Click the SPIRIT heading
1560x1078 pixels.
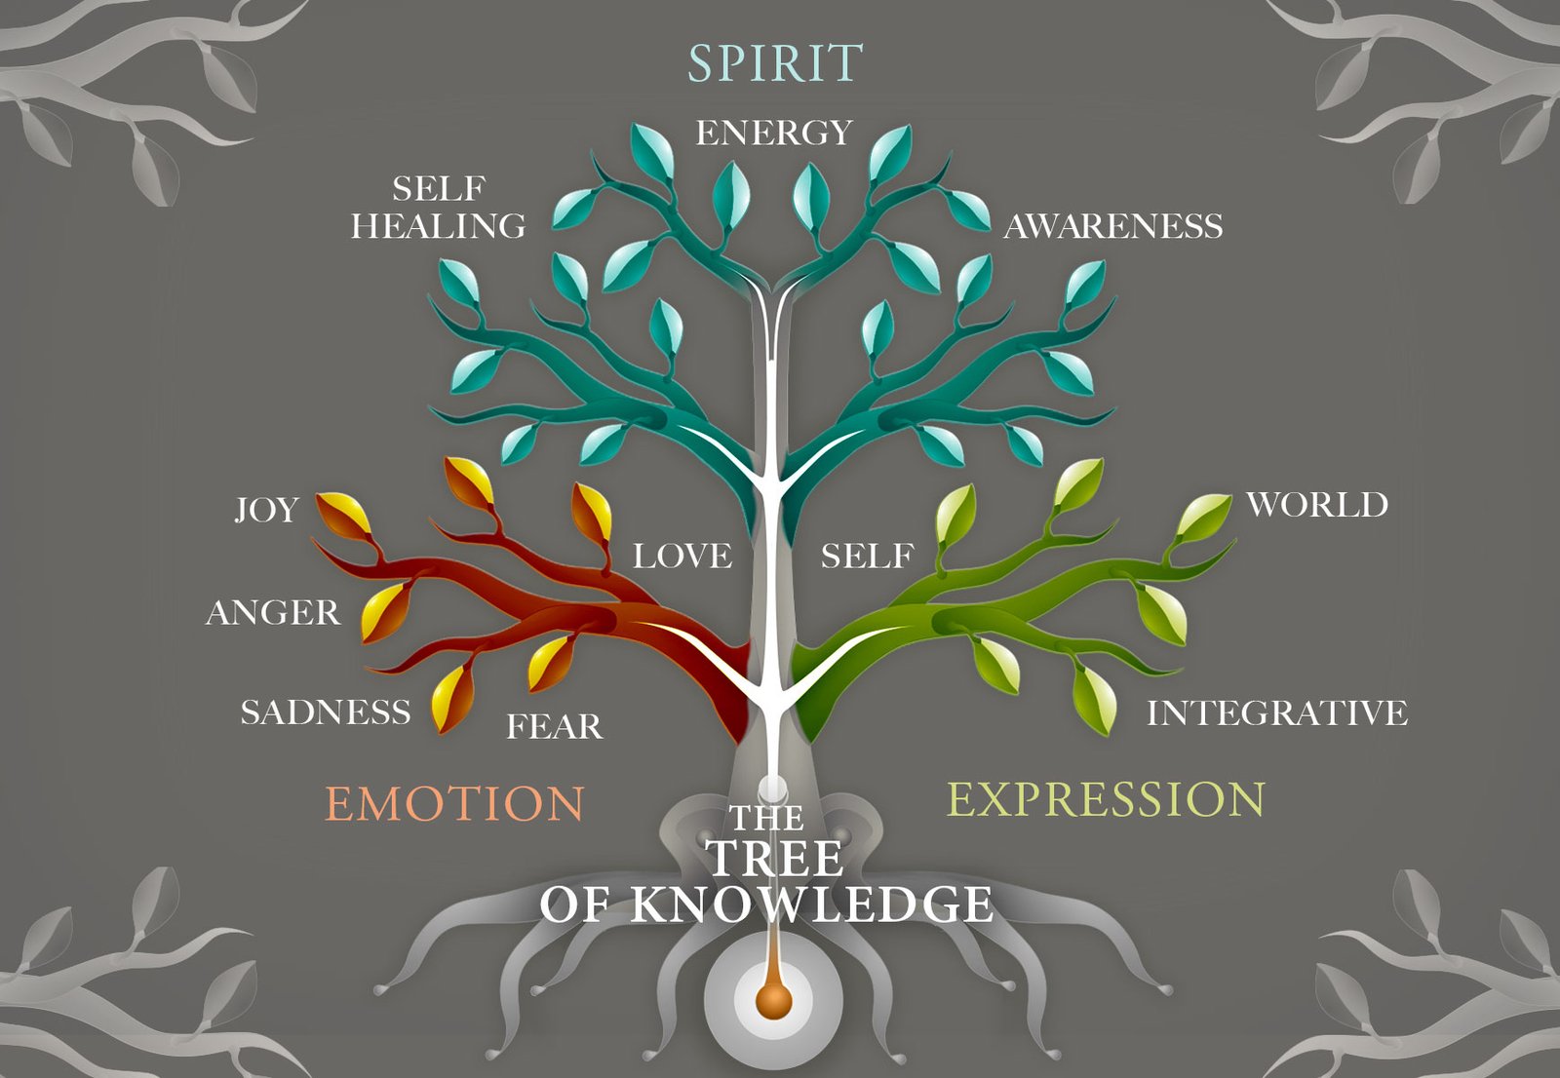click(775, 63)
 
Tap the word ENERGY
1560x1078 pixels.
click(774, 133)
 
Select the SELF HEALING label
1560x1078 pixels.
click(439, 207)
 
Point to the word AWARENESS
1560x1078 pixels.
click(1113, 226)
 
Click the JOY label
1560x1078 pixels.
click(266, 509)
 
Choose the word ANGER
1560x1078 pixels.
click(273, 612)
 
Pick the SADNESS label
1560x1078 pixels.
click(326, 712)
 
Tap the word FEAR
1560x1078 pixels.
click(554, 726)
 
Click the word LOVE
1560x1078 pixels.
click(682, 556)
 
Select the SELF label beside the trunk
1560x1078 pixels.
click(867, 556)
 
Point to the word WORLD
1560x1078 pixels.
click(1317, 505)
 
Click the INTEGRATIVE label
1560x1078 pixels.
click(1277, 712)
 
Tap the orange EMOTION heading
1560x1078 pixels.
click(454, 804)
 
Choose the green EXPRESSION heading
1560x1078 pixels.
click(1107, 799)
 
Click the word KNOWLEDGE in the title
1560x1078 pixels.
click(811, 905)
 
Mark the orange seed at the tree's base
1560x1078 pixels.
click(773, 1000)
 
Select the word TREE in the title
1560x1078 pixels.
click(775, 859)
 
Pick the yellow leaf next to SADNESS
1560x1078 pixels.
click(450, 700)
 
